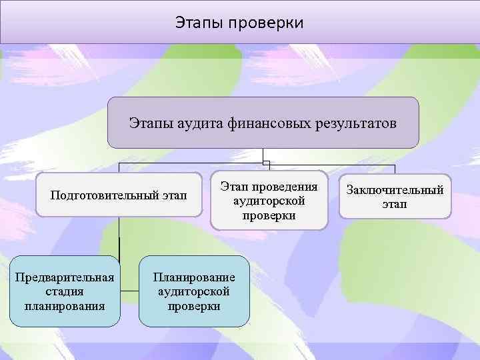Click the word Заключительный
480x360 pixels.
395,191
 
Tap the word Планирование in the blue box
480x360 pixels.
194,277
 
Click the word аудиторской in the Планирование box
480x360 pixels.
194,291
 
